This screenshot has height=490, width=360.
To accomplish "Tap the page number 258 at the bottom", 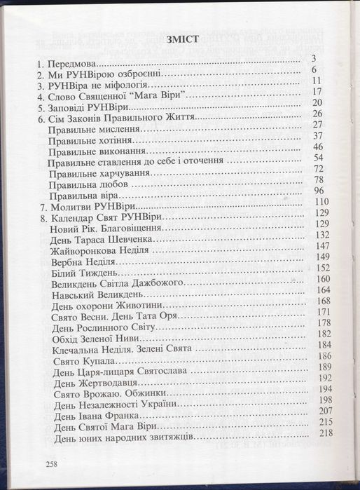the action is point(51,464).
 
